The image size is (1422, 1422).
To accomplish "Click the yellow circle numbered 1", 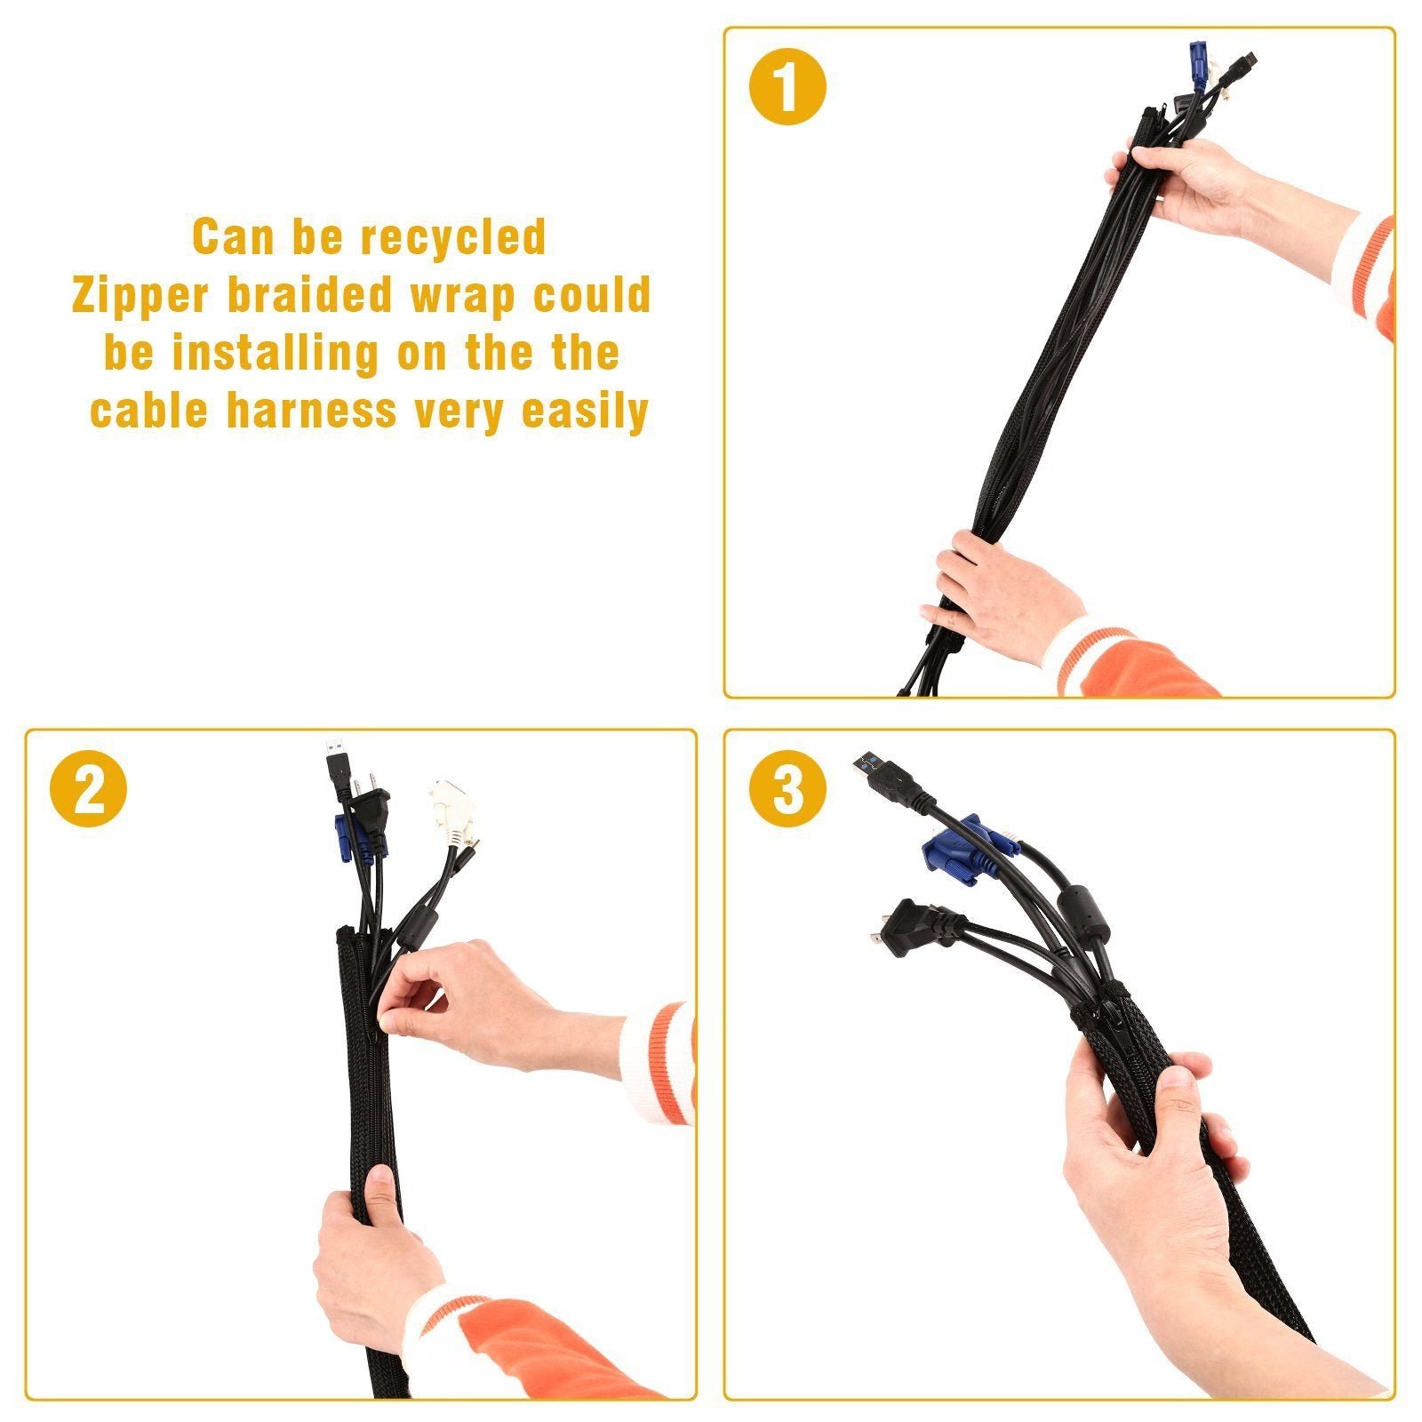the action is pos(787,87).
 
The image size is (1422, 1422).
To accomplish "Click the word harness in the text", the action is pos(311,411).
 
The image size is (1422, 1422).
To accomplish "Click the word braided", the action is pos(309,294).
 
